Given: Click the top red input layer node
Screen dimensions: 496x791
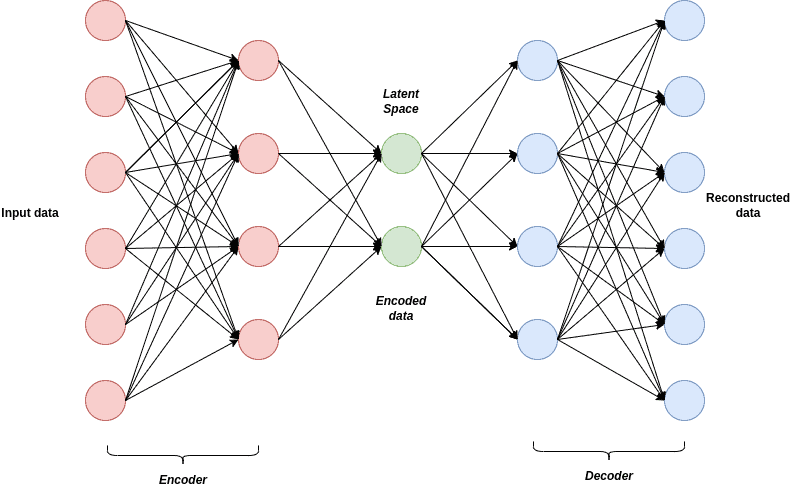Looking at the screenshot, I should (105, 20).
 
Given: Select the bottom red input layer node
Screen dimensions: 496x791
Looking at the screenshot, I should (105, 400).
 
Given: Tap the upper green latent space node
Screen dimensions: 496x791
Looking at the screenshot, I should (401, 153).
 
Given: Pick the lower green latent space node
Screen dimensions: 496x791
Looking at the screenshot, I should (401, 246).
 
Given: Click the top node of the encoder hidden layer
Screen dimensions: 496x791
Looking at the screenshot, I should (258, 60).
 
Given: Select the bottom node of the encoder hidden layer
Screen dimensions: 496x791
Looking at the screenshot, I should (258, 339).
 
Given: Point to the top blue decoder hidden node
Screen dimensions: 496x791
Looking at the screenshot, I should (537, 60).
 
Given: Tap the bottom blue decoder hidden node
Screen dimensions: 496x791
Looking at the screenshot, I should (537, 339).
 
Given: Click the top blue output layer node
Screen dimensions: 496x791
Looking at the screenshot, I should (685, 20).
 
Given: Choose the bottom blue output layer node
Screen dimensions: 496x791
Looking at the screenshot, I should (685, 400).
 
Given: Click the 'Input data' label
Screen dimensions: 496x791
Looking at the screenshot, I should (30, 213).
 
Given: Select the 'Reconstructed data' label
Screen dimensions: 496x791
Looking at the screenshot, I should (747, 205).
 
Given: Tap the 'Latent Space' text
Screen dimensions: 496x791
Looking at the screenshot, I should (401, 101).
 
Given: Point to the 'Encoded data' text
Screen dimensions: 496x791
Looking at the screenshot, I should (401, 308).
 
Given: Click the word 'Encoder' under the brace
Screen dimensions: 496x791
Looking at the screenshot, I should (183, 480).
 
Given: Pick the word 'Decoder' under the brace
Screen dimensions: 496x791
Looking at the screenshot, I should (609, 476).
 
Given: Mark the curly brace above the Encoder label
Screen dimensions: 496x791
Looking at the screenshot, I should (183, 452).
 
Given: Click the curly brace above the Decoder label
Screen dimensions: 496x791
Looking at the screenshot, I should (609, 448).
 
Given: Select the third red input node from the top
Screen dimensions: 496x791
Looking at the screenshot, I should (105, 172).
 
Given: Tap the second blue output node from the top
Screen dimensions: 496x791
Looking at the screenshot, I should (685, 96).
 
